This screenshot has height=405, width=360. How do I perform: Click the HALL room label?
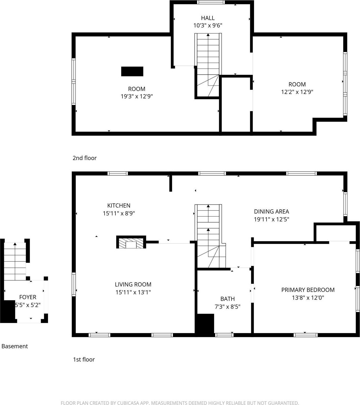click(x=208, y=18)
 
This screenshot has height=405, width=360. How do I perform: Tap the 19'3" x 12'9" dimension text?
click(x=137, y=96)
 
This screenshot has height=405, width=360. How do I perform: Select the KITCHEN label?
click(x=119, y=206)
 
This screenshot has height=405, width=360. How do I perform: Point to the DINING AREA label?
click(x=271, y=212)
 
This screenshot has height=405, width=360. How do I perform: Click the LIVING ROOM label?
click(x=133, y=285)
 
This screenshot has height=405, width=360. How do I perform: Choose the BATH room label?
click(x=228, y=299)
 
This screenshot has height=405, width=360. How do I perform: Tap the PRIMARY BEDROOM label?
click(x=308, y=290)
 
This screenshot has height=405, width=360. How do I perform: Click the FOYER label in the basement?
click(x=28, y=297)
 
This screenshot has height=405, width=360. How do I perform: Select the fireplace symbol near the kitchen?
click(x=131, y=242)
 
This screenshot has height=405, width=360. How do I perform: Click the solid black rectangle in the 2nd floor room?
click(x=132, y=71)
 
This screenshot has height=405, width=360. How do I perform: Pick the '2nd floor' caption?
click(x=84, y=158)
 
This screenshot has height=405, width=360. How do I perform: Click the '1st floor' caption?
click(x=84, y=360)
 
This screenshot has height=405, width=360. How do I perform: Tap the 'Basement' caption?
click(x=15, y=346)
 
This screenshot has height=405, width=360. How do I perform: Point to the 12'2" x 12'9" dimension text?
click(x=297, y=92)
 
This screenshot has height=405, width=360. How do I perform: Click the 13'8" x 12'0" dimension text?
click(x=308, y=298)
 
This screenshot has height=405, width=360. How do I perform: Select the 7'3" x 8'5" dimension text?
click(x=228, y=307)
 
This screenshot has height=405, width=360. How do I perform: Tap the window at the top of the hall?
click(x=211, y=2)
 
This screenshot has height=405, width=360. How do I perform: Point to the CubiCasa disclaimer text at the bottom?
click(x=180, y=403)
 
